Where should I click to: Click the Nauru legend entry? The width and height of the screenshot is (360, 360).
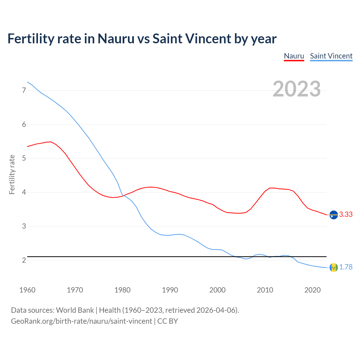(x=294, y=56)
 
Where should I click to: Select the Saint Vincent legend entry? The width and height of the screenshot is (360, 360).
(x=331, y=56)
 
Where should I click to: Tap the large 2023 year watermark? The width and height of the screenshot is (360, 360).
(x=296, y=89)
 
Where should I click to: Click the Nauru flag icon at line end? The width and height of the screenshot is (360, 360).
(x=334, y=215)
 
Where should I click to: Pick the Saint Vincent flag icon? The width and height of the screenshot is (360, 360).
(x=334, y=267)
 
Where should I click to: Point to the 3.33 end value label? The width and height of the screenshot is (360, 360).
(x=346, y=215)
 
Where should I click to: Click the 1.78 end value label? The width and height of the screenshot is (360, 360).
(x=346, y=267)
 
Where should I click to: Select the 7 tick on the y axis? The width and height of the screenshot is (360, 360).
(x=24, y=91)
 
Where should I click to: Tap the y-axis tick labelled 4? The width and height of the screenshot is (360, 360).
(x=24, y=192)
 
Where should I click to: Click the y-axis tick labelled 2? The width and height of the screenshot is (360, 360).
(x=24, y=260)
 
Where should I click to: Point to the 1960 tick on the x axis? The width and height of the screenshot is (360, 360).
(x=27, y=290)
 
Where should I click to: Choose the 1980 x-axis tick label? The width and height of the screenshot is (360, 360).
(x=122, y=290)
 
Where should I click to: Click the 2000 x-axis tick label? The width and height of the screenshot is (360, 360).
(x=217, y=290)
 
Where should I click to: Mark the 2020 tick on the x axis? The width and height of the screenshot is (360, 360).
(x=312, y=290)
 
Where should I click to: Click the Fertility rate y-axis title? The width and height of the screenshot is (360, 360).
(x=12, y=174)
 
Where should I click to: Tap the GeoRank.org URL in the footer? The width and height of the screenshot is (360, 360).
(x=82, y=321)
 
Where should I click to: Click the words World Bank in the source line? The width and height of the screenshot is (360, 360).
(x=75, y=310)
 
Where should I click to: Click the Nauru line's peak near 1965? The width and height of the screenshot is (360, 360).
(x=51, y=142)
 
